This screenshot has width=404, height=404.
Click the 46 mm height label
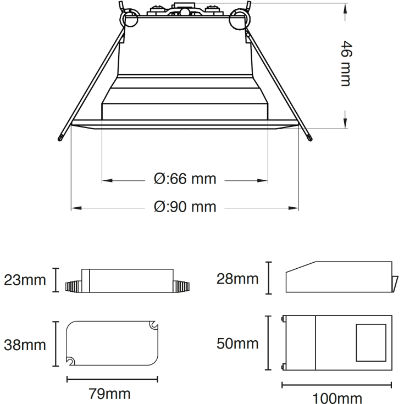(345, 63)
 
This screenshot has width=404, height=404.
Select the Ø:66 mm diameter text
(185, 179)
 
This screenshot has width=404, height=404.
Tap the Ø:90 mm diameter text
(185, 207)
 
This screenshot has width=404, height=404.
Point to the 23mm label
(25, 280)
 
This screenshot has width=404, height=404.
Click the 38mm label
(25, 345)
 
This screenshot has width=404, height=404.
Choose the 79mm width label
(110, 394)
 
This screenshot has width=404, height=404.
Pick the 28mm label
(237, 279)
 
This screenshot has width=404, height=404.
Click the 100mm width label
(337, 397)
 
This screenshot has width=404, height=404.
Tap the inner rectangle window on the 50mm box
(371, 343)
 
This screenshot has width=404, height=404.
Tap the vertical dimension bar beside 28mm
(269, 278)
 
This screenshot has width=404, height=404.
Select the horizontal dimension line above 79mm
(112, 379)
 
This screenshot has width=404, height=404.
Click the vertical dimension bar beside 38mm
(56, 344)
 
